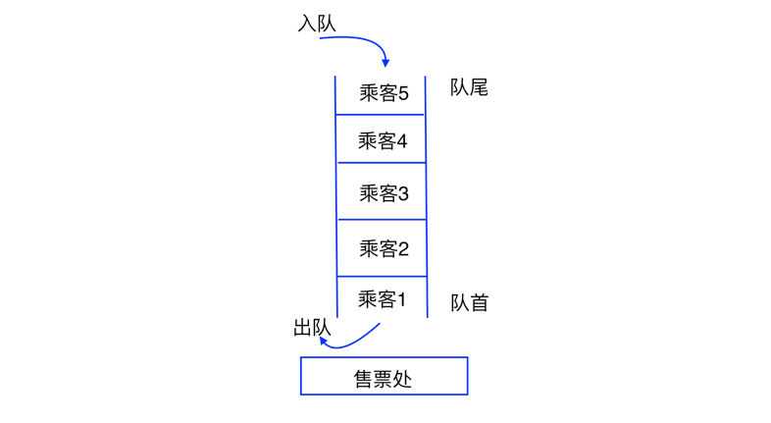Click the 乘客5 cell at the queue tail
[x=382, y=93]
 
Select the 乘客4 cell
[x=382, y=140]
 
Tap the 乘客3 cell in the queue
[x=382, y=193]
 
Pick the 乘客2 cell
[x=382, y=248]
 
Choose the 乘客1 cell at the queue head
[x=382, y=298]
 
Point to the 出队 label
[x=312, y=328]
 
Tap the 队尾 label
[x=469, y=87]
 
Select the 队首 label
[x=469, y=302]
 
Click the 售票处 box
[x=384, y=376]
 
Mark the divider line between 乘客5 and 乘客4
[x=382, y=116]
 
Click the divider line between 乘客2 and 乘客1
[x=382, y=277]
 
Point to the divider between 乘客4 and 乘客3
[x=382, y=164]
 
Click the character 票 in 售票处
[x=384, y=377]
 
